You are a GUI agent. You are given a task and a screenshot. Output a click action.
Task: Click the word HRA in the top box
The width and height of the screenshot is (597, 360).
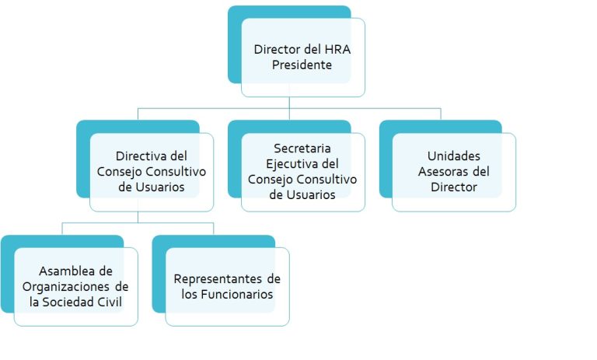337,50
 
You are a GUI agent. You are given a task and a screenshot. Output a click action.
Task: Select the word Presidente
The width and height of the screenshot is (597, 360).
302,65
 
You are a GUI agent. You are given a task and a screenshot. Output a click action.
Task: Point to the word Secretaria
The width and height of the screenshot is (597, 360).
302,149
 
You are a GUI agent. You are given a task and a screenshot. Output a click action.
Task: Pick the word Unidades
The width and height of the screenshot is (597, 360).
454,156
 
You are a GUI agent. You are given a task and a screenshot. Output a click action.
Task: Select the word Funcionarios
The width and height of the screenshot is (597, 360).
237,295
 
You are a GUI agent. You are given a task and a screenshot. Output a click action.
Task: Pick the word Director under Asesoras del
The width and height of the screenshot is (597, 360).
454,187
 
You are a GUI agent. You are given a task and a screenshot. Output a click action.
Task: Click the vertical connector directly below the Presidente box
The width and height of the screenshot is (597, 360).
289,109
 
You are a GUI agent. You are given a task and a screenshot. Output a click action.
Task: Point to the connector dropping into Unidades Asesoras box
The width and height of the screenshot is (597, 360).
441,114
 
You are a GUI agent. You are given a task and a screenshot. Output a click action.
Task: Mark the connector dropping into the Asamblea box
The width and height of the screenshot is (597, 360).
62,229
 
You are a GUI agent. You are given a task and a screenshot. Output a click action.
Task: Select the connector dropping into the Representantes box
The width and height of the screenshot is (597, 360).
214,229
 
